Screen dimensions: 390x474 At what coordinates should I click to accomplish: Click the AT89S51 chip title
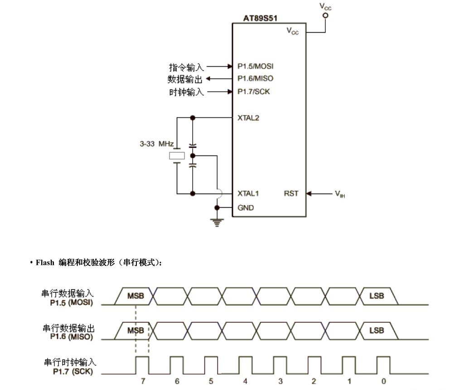(261, 19)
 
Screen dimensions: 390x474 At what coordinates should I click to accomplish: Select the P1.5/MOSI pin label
(255, 66)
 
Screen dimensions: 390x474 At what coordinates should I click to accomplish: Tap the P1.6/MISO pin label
(255, 78)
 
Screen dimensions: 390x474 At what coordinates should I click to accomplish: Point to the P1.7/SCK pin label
(254, 91)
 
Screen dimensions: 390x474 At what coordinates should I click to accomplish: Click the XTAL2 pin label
(248, 118)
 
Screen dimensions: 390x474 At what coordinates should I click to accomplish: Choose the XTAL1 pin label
(248, 193)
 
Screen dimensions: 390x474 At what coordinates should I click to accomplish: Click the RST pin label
(291, 193)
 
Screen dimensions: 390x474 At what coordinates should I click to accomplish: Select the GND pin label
(246, 208)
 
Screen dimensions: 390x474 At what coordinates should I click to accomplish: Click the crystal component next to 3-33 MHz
(177, 156)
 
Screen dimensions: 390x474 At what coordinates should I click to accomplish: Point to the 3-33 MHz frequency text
(157, 144)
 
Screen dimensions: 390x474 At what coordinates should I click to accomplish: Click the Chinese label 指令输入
(186, 67)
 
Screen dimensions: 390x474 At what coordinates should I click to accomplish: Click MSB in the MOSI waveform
(135, 296)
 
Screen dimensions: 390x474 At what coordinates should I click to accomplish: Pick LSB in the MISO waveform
(377, 331)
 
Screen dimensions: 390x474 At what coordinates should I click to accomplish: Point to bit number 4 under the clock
(245, 381)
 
